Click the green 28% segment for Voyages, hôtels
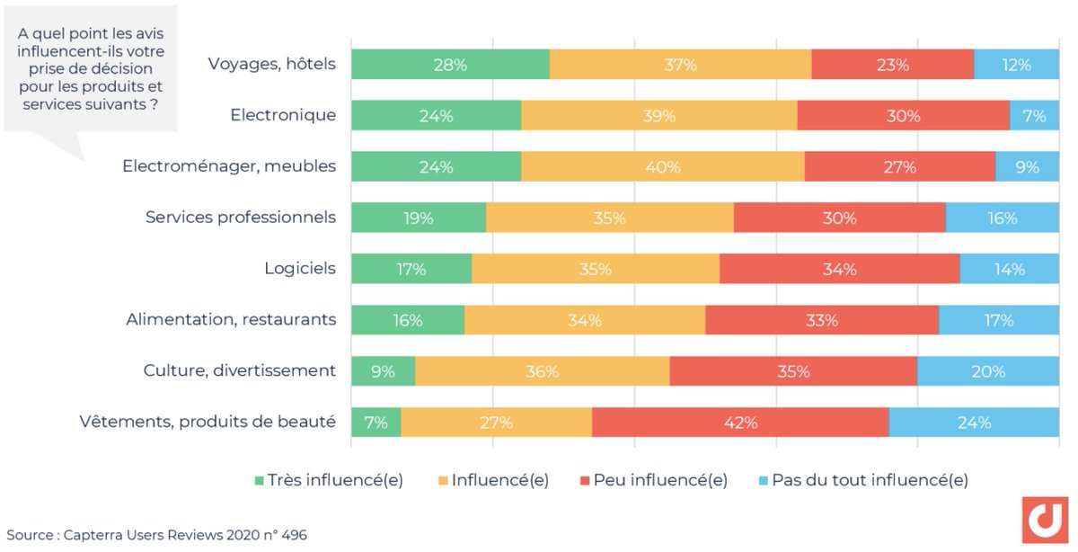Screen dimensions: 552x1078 (450, 65)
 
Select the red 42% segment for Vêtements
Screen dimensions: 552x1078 (740, 423)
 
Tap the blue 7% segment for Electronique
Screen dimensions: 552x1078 (1034, 116)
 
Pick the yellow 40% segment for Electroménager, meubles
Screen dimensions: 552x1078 (662, 167)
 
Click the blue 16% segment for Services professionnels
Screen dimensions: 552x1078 (1002, 218)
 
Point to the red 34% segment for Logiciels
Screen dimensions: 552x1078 (839, 270)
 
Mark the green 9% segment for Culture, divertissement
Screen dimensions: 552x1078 (383, 371)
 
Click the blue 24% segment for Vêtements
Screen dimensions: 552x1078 (974, 423)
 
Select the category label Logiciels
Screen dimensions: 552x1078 (300, 269)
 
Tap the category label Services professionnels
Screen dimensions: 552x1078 (241, 218)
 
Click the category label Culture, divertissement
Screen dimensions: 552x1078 (240, 370)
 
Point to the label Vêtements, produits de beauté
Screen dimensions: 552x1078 (208, 422)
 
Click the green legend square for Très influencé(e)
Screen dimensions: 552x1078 (261, 481)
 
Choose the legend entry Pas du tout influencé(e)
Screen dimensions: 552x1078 (870, 480)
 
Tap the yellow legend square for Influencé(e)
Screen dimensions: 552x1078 (443, 481)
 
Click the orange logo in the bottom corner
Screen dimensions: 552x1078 (1045, 520)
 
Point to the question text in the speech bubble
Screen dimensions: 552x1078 (90, 68)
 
